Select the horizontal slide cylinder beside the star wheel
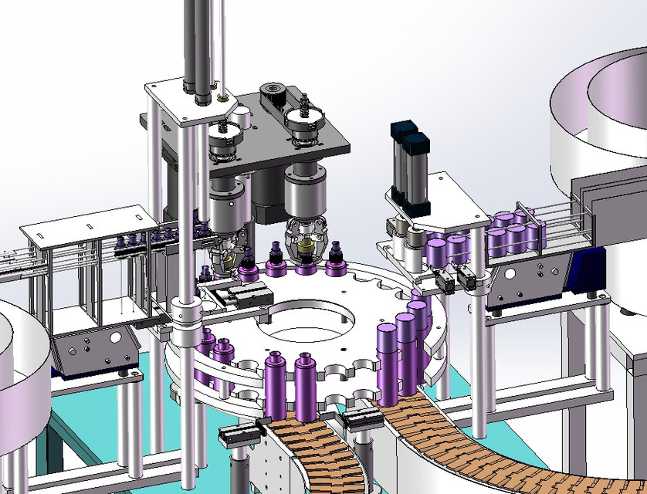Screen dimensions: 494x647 click(x=243, y=294)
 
